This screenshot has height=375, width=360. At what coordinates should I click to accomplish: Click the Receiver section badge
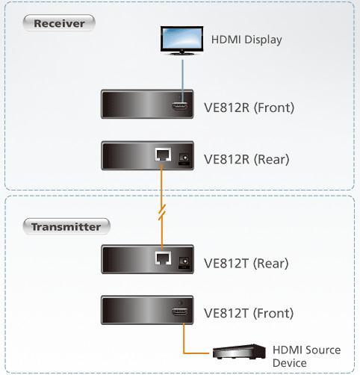click(59, 23)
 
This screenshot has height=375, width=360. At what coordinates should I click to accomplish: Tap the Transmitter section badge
click(66, 226)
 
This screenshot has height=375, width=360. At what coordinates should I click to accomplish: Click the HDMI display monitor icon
click(181, 40)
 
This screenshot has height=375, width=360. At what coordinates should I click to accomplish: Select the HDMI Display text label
click(246, 40)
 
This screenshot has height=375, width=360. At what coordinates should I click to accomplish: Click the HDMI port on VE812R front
click(180, 107)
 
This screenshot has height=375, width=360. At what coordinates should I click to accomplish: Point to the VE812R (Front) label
click(249, 108)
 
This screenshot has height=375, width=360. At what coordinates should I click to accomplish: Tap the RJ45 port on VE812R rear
click(163, 155)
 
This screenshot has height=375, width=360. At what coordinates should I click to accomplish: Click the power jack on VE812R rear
click(184, 158)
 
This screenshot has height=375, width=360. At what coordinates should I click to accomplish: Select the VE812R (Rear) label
click(246, 159)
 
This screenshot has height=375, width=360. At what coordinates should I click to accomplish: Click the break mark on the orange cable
click(162, 212)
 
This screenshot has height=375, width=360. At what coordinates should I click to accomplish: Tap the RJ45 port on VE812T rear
click(163, 258)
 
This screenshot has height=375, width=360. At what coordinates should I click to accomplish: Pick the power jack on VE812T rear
click(184, 261)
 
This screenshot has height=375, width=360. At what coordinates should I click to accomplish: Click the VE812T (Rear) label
click(246, 264)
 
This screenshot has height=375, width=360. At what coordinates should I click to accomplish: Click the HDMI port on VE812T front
click(180, 312)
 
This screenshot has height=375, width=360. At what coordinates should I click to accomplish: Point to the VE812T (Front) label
click(249, 313)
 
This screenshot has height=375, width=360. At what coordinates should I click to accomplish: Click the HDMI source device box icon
click(239, 352)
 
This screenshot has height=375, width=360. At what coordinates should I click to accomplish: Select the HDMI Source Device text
click(307, 356)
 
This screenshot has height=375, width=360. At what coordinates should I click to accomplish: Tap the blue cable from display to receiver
click(183, 81)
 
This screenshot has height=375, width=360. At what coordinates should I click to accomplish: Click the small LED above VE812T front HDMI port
click(181, 303)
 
